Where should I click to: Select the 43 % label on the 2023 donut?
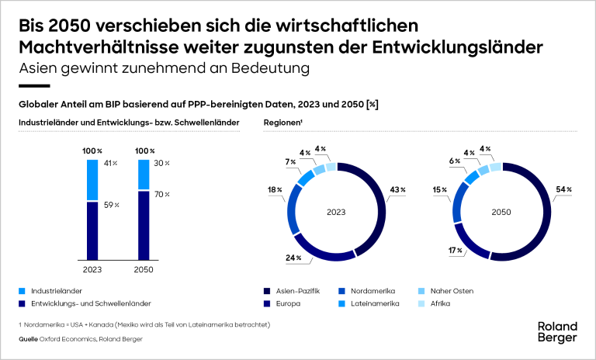[397, 190]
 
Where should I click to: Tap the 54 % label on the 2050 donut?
[563, 189]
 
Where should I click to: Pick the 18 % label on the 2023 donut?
[274, 189]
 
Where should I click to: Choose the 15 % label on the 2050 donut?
[438, 189]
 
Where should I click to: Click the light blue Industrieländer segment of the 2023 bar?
[92, 180]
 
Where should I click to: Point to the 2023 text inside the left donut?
[336, 209]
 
